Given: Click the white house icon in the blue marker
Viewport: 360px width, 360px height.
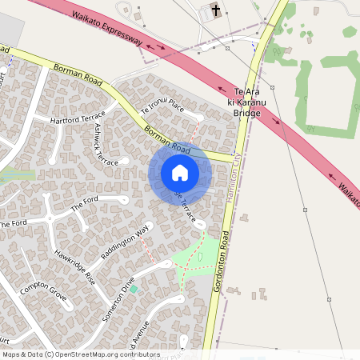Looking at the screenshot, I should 180,173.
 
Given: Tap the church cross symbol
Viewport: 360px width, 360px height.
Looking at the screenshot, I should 215,10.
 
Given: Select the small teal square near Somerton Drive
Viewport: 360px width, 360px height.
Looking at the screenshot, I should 134,288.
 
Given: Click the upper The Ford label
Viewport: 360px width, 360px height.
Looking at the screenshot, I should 88,204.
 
